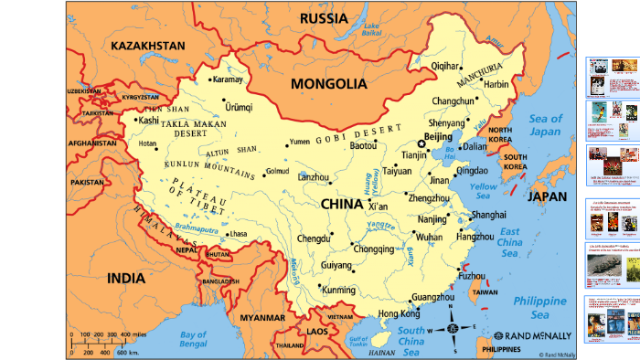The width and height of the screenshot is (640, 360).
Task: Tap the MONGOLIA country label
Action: click(328, 83)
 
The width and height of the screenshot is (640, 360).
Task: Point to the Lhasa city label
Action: click(237, 235)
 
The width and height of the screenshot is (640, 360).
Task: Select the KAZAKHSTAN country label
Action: click(147, 45)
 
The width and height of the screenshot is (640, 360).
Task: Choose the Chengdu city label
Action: click(364, 238)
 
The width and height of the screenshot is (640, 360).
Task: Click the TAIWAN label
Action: click(485, 292)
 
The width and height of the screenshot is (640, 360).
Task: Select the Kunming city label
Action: click(339, 290)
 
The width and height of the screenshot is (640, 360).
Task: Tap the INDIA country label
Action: click(126, 278)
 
